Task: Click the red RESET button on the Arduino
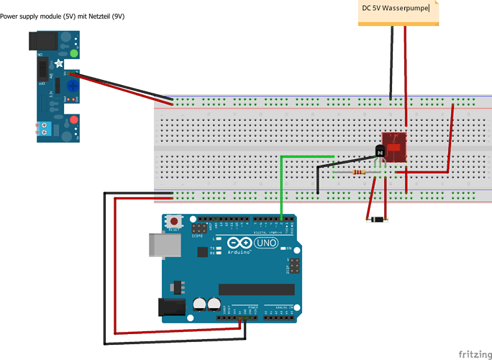pos(173,220)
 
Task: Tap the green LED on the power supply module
pos(73,53)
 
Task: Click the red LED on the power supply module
pos(73,119)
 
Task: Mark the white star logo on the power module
pos(58,63)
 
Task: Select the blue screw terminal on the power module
pos(48,130)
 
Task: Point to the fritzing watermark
pos(470,353)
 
